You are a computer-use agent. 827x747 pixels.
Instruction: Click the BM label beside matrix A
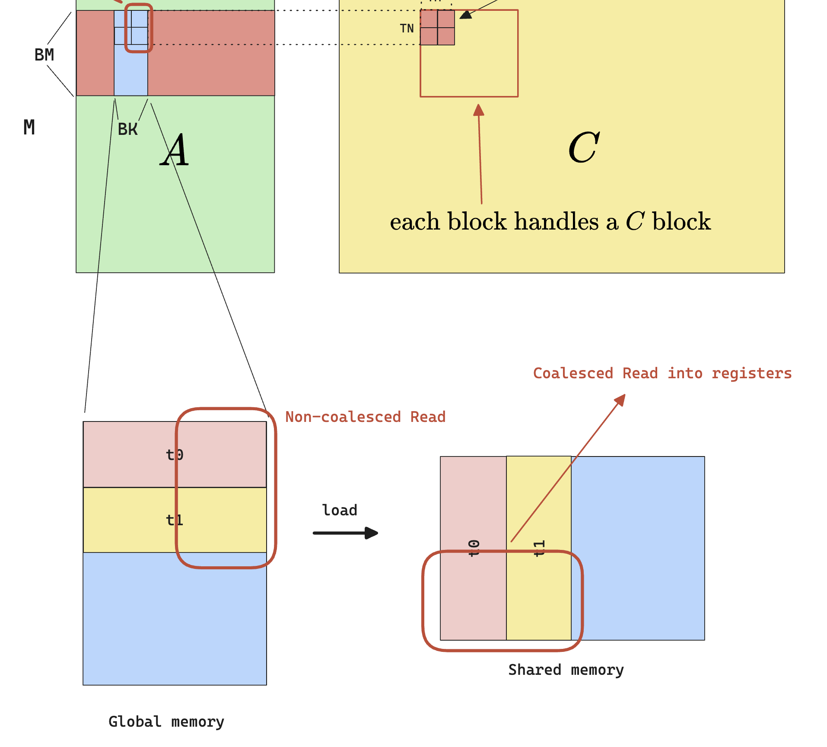coord(44,55)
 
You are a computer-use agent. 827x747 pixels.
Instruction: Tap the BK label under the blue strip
coord(127,129)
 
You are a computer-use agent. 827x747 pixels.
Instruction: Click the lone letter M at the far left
coord(29,127)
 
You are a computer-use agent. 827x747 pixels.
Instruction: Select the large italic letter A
coord(175,150)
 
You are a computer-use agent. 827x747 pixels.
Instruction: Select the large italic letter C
coord(583,147)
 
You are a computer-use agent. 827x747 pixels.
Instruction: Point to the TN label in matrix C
coord(407,29)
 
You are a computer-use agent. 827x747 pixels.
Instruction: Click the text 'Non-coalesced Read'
coord(365,417)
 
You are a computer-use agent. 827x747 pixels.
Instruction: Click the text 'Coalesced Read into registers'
coord(662,373)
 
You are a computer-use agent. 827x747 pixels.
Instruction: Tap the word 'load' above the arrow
coord(340,510)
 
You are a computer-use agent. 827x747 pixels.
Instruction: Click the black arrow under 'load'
coord(345,533)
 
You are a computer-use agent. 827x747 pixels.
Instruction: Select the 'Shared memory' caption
coord(566,670)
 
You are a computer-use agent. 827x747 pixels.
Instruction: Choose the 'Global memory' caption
coord(166,721)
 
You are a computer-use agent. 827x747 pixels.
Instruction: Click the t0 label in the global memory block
coord(175,455)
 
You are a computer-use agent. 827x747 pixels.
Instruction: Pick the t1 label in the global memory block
coord(175,520)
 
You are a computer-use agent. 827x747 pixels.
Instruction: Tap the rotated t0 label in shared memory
coord(474,548)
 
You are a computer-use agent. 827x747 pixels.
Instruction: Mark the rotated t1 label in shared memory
coord(539,548)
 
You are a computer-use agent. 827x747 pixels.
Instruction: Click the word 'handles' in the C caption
coord(556,222)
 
